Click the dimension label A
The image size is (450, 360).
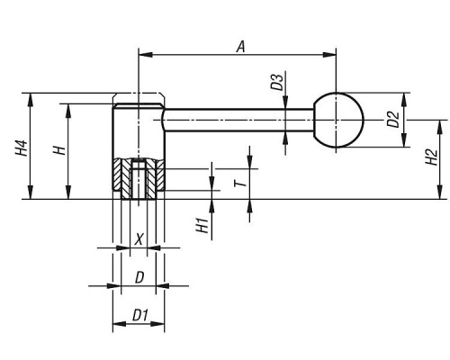(241, 47)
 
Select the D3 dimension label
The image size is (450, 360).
(277, 82)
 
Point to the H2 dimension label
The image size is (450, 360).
(432, 157)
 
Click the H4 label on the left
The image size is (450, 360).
(22, 148)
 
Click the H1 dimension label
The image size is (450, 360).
(202, 226)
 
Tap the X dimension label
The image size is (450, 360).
(139, 239)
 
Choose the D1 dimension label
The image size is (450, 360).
(140, 316)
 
